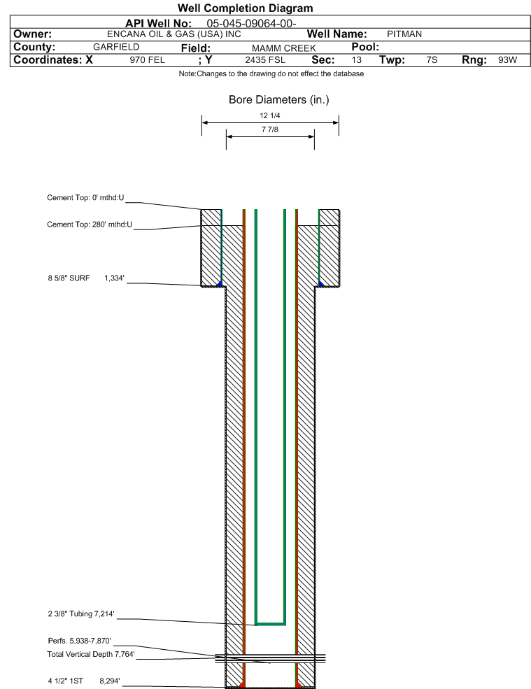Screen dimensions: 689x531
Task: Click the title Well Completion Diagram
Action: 245,8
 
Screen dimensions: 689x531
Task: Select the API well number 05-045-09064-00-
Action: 252,23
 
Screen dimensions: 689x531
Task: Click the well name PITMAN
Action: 404,34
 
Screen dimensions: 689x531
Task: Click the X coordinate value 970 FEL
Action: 147,60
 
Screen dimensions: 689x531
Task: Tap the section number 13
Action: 357,60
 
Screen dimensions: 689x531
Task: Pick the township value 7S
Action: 432,60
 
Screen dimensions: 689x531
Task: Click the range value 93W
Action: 507,60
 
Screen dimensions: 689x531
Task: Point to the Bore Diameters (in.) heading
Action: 278,100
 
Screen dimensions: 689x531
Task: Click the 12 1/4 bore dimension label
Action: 269,116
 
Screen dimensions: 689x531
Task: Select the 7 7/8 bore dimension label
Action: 269,130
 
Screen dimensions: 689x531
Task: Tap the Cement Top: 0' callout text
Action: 85,198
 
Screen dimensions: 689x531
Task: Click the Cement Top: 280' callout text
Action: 90,225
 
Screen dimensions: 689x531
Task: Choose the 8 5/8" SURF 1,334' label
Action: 85,278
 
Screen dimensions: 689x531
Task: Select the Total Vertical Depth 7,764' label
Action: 90,655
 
